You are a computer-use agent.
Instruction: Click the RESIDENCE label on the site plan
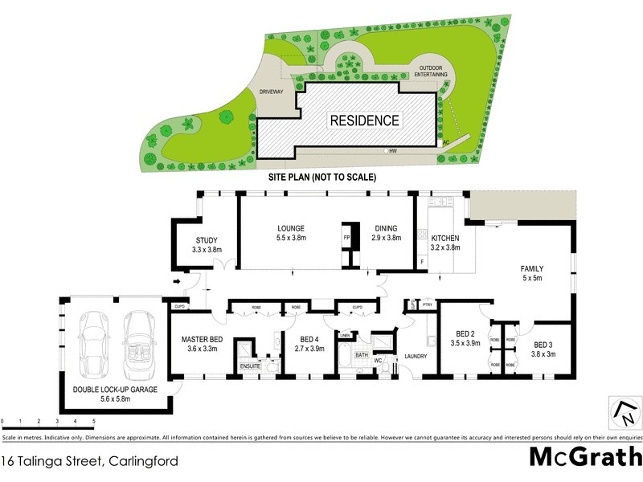(364, 120)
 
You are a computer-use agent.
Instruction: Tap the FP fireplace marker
(347, 239)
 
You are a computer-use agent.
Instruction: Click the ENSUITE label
(250, 367)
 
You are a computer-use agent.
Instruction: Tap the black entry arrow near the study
(177, 281)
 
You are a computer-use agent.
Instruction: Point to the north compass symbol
(624, 412)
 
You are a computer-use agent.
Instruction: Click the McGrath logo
(585, 458)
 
